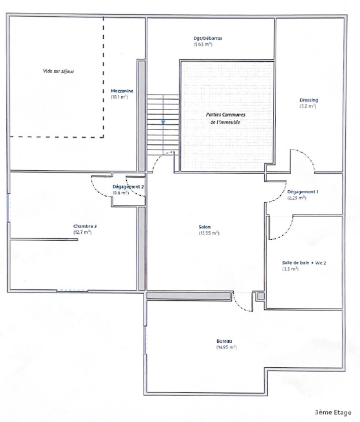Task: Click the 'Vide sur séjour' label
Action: click(x=58, y=72)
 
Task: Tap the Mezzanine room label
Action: click(x=122, y=91)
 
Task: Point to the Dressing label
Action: click(x=309, y=100)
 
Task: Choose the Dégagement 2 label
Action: click(x=128, y=187)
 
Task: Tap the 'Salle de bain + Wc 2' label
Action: click(x=304, y=263)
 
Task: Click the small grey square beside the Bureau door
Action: click(x=260, y=296)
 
